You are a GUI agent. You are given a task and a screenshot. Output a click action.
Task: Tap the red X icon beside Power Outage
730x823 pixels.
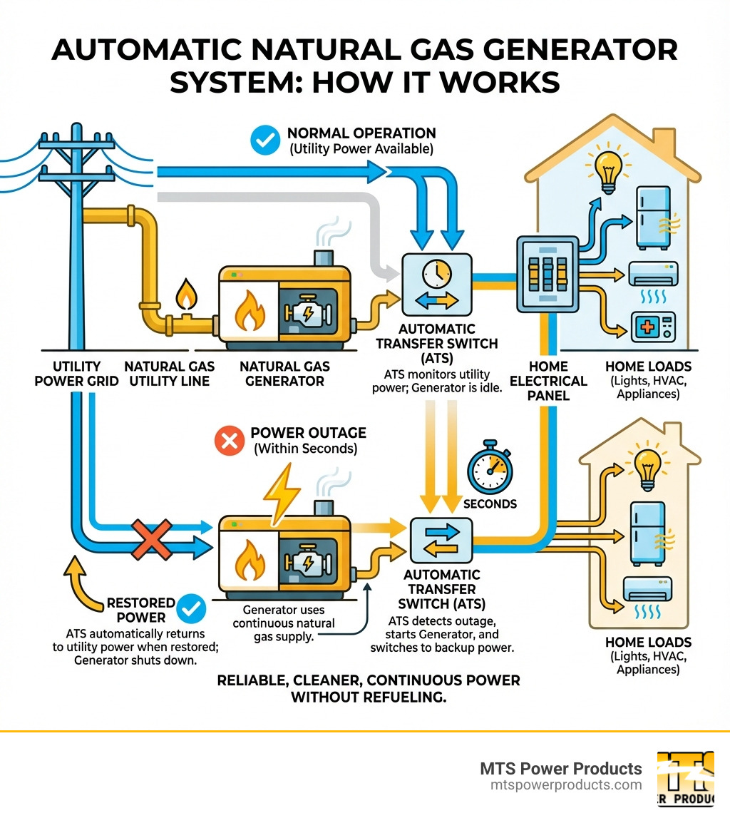[x=230, y=441]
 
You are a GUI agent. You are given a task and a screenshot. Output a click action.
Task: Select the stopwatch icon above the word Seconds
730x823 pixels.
[x=489, y=470]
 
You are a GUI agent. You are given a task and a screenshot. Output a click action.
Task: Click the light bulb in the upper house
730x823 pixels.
[x=607, y=167]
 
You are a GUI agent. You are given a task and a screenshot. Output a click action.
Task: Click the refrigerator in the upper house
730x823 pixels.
[x=652, y=218]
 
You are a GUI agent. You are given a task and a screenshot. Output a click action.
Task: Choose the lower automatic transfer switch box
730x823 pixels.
[x=441, y=540]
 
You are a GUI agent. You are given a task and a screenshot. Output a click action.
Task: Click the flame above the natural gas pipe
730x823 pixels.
[x=186, y=292]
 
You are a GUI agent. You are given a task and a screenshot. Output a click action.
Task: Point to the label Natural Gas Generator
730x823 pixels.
[x=284, y=373]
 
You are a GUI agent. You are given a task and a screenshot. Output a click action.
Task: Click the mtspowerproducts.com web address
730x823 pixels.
[x=566, y=784]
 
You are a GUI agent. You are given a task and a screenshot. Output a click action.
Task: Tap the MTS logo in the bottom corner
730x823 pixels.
[x=685, y=779]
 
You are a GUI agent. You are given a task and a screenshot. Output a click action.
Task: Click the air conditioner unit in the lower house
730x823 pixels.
[x=647, y=589]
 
